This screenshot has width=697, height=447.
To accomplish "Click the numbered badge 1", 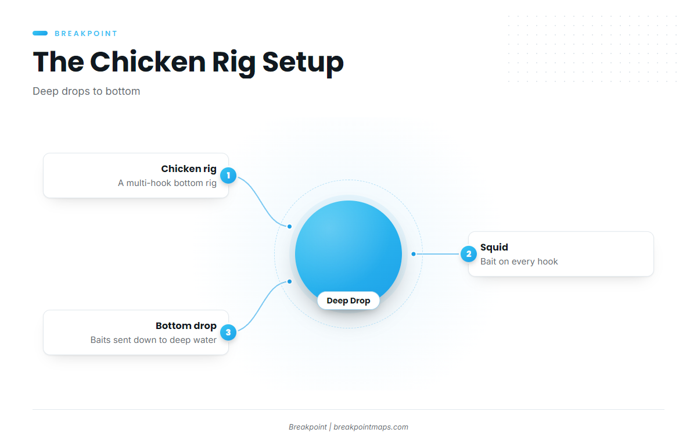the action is (x=228, y=176).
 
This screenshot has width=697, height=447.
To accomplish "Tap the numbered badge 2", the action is (x=469, y=254).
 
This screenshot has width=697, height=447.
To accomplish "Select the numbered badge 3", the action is (x=228, y=332).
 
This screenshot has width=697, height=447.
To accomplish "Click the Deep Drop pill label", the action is (x=348, y=301).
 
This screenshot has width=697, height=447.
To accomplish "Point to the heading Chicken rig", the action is (x=189, y=169).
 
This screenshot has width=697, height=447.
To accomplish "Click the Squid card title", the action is (x=494, y=247).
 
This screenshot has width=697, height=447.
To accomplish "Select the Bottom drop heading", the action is (x=186, y=326).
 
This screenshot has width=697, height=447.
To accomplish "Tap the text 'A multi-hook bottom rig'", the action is (x=167, y=183).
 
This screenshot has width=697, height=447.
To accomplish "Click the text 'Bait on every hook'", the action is (x=519, y=262).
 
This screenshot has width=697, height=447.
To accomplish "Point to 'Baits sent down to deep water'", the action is (x=153, y=340).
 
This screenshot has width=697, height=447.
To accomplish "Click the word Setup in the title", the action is (x=303, y=62).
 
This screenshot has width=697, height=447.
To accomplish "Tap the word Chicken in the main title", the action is (x=148, y=62).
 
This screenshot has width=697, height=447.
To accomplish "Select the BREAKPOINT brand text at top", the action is (x=86, y=33).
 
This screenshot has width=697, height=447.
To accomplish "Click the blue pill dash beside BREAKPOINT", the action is (x=40, y=33).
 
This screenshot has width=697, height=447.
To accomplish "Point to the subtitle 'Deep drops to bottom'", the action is (x=86, y=91).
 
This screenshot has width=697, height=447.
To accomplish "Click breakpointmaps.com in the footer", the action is (x=371, y=427).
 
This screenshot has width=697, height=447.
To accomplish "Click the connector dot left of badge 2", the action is (x=414, y=254).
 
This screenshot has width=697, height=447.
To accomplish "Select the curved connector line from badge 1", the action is (x=263, y=201).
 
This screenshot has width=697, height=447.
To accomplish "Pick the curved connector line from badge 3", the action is (x=263, y=307).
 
